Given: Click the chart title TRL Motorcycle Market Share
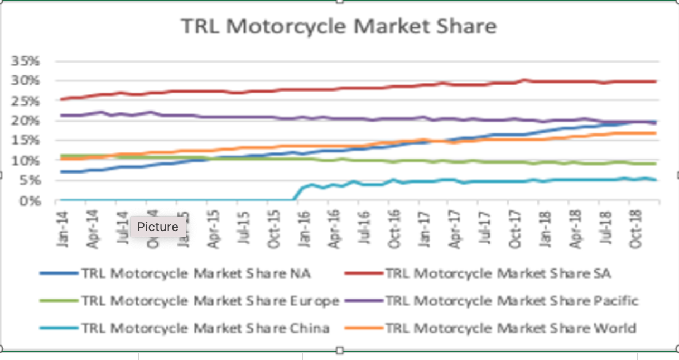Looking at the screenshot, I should tap(339, 26).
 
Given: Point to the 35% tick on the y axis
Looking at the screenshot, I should tap(27, 61).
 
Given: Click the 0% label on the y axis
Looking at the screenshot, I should tap(30, 201).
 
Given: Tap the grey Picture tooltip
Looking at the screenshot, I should tap(158, 227).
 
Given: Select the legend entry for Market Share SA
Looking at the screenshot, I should tap(498, 273).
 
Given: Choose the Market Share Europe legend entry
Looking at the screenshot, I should tap(210, 301).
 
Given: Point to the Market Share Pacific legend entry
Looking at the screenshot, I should tap(512, 301).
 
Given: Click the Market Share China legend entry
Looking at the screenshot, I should tap(205, 328).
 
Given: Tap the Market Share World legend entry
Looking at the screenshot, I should tap(510, 328).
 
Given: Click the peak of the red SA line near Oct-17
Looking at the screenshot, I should tap(523, 80).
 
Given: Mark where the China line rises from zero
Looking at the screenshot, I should tap(295, 199).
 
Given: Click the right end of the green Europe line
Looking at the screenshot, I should tap(655, 164).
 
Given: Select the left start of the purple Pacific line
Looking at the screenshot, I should tap(61, 115).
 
